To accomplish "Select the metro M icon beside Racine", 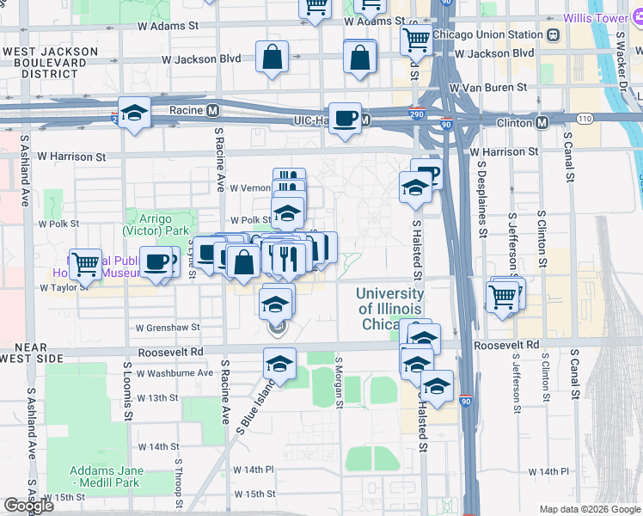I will (211, 110).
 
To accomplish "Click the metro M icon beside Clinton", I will (542, 123).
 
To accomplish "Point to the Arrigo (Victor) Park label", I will (156, 225).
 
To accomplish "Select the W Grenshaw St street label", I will (168, 328).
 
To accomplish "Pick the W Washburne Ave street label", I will (168, 372).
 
